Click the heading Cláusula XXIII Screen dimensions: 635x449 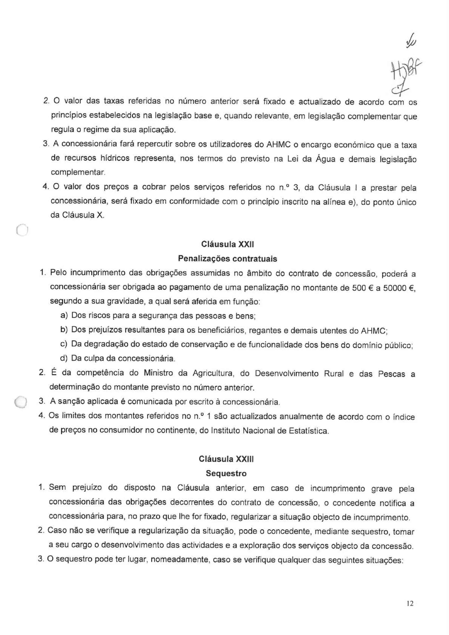click(226, 459)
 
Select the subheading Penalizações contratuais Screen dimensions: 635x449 click(227, 259)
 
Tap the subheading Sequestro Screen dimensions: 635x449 click(226, 473)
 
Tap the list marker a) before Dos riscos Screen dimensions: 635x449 click(64, 316)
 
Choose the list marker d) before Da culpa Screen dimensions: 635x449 click(64, 359)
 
